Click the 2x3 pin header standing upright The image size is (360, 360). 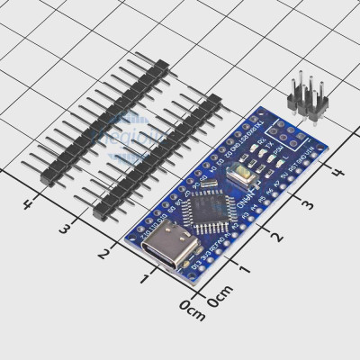[x=301, y=96]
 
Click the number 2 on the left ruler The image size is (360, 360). [x=104, y=254]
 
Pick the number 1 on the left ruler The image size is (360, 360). [x=145, y=280]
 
